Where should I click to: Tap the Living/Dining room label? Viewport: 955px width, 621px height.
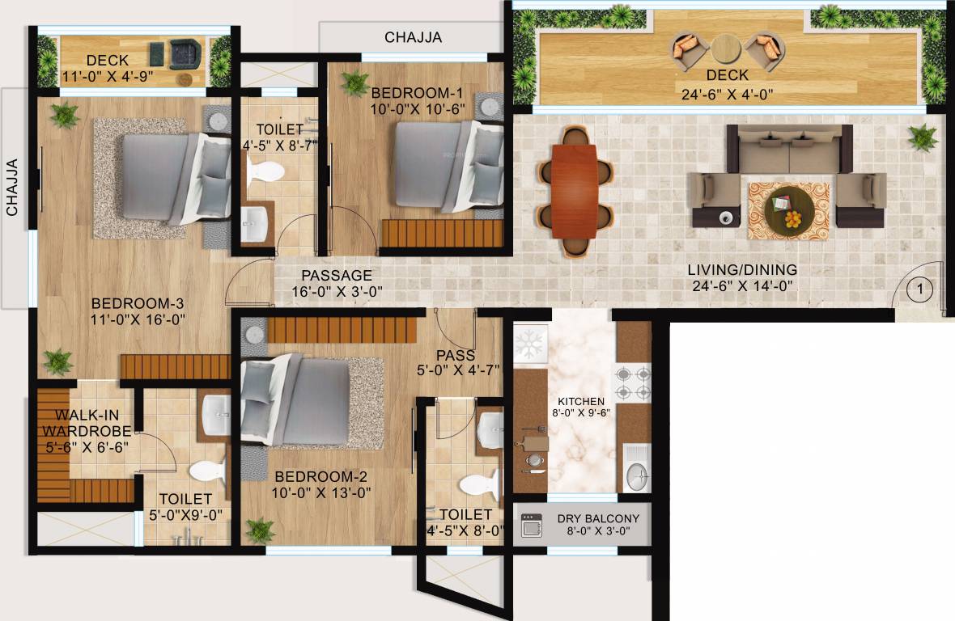[742, 270]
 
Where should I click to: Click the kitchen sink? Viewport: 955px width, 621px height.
[636, 476]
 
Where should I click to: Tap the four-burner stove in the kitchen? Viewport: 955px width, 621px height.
[635, 384]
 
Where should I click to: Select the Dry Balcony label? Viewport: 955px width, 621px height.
[598, 518]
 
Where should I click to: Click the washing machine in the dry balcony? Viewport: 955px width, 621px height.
[531, 526]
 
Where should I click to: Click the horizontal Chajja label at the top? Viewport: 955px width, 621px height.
[414, 37]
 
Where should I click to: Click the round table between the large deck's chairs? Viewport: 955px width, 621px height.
[726, 49]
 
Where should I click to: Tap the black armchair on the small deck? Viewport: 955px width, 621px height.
[185, 53]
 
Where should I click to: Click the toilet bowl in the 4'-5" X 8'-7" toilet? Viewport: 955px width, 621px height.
[265, 171]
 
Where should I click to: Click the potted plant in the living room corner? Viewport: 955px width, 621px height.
[922, 138]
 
